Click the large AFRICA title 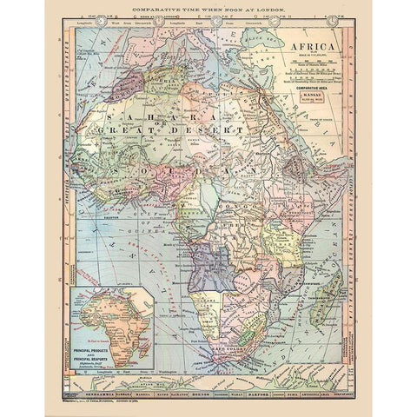[315, 50]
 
